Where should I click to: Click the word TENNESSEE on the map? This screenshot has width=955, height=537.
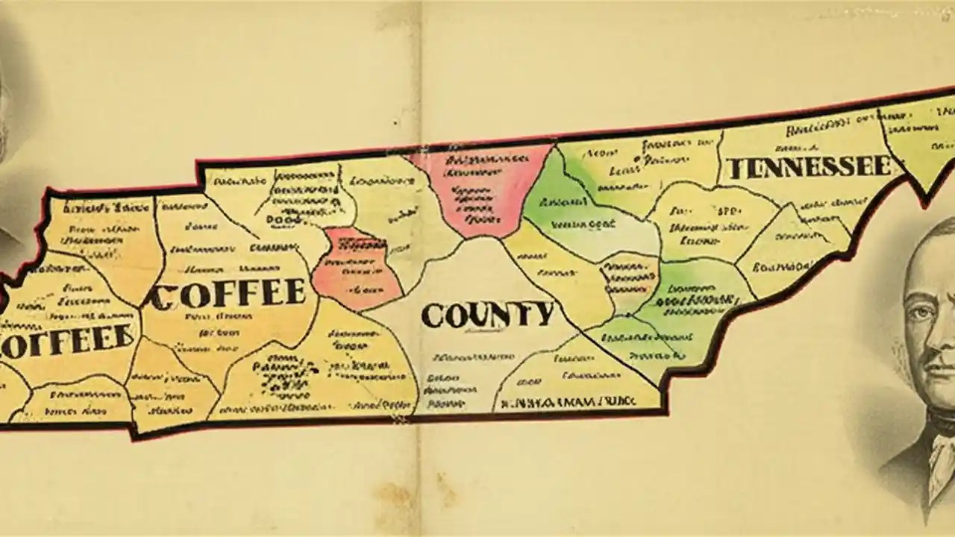tap(808, 167)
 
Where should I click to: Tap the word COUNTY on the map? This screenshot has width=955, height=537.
tap(487, 315)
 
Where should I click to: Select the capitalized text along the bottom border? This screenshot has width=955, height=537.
tap(567, 401)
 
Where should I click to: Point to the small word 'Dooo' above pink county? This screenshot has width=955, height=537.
tap(279, 222)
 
